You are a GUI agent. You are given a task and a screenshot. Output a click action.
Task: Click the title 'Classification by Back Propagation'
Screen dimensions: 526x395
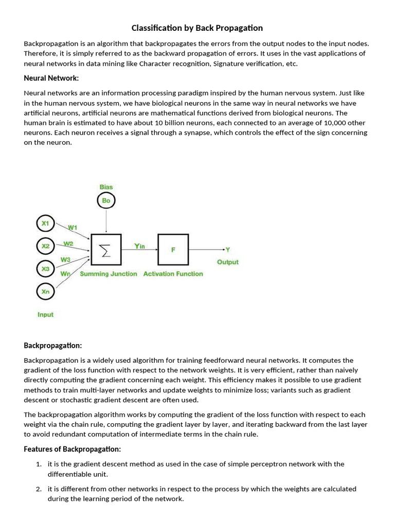pyautogui.click(x=197, y=28)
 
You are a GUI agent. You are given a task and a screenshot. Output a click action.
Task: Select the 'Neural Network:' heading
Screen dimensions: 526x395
pyautogui.click(x=51, y=78)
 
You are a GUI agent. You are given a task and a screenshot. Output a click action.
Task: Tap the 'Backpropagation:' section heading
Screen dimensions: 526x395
pyautogui.click(x=53, y=345)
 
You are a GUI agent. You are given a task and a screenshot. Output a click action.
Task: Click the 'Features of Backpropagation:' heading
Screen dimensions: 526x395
pyautogui.click(x=72, y=449)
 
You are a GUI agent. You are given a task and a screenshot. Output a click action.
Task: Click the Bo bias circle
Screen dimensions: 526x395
pyautogui.click(x=106, y=200)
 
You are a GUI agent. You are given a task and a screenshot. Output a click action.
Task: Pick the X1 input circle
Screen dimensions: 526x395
pyautogui.click(x=45, y=223)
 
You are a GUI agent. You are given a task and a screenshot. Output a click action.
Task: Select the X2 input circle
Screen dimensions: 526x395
pyautogui.click(x=45, y=246)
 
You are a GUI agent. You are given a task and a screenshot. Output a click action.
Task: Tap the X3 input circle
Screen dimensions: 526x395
pyautogui.click(x=45, y=269)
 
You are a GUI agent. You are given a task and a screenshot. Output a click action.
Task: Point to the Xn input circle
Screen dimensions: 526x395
pyautogui.click(x=45, y=291)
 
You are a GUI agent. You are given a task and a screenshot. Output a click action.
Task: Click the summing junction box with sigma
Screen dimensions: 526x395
pyautogui.click(x=106, y=250)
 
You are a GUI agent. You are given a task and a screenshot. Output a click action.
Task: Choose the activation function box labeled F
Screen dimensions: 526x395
pyautogui.click(x=173, y=250)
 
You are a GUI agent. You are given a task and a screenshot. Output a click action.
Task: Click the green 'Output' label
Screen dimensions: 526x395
pyautogui.click(x=227, y=262)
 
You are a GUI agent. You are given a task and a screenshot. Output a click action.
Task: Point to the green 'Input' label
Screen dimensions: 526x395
pyautogui.click(x=45, y=314)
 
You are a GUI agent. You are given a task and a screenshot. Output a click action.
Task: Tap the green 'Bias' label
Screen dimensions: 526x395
pyautogui.click(x=106, y=187)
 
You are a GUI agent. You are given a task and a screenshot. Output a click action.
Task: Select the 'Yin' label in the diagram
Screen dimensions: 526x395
pyautogui.click(x=139, y=246)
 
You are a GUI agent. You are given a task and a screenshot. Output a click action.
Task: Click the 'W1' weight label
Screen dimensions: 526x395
pyautogui.click(x=73, y=227)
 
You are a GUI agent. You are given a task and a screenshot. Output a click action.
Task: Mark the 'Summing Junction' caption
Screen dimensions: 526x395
pyautogui.click(x=109, y=274)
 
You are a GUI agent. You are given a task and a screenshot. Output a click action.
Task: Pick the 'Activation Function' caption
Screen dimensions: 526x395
pyautogui.click(x=173, y=274)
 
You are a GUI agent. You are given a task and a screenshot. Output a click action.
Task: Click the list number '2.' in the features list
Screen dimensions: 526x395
pyautogui.click(x=39, y=489)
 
